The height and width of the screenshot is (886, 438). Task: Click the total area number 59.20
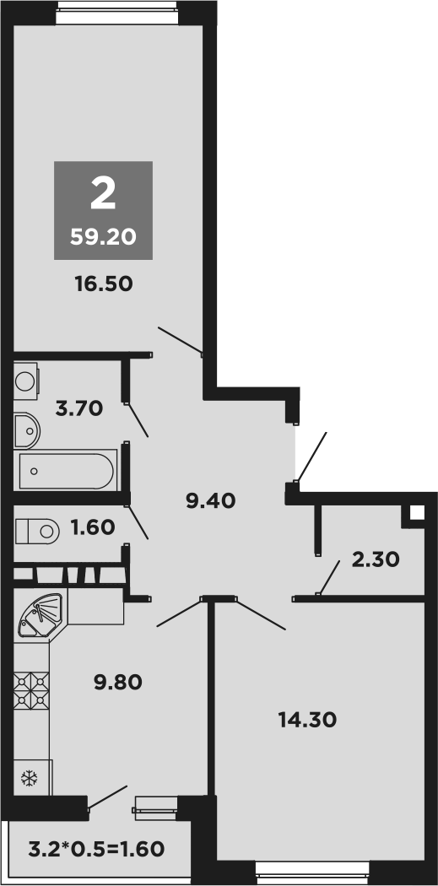103,237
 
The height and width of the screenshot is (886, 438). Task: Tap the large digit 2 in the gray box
103,195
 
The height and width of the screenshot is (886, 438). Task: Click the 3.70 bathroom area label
78,409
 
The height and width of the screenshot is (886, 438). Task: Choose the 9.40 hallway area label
210,501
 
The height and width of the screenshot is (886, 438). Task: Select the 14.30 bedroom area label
307,720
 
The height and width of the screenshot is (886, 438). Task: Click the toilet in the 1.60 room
38,531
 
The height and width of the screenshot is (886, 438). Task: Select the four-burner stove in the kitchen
32,689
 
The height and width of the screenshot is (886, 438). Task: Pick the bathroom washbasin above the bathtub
27,429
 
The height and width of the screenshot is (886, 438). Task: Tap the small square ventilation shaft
416,512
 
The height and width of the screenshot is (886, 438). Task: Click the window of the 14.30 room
312,866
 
